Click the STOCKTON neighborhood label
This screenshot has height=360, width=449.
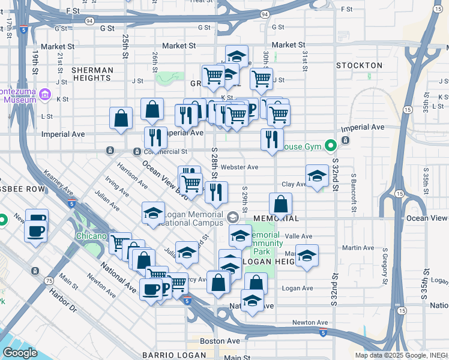click(359, 65)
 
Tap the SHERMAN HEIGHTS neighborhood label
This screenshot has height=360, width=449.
click(92, 74)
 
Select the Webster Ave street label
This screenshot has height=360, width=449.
click(239, 167)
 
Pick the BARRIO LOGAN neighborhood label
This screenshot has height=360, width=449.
click(165, 355)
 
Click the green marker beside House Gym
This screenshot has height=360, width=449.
click(330, 145)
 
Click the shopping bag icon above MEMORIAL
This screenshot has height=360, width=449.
click(280, 204)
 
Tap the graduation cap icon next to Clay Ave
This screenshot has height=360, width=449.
click(317, 176)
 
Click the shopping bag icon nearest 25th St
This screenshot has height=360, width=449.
click(121, 118)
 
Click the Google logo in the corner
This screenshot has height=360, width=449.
click(20, 353)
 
